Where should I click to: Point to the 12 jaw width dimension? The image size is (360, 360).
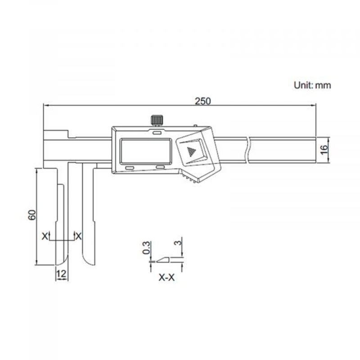click(62, 273)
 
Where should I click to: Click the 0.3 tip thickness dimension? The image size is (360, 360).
click(146, 248)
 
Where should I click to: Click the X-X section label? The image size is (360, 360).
click(166, 278)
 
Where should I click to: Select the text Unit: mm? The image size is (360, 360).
click(312, 85)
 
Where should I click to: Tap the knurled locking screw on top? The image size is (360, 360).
click(156, 121)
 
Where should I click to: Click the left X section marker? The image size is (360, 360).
click(44, 235)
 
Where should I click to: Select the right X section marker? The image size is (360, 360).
click(79, 235)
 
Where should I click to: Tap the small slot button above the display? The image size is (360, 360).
click(157, 133)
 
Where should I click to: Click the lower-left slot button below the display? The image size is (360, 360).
click(129, 168)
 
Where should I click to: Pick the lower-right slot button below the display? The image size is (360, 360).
click(160, 168)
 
